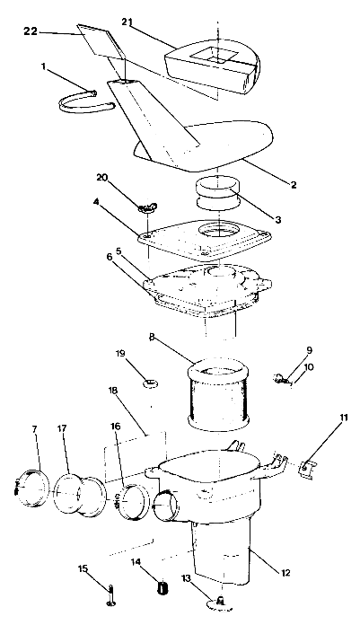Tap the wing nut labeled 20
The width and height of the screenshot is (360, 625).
[144, 208]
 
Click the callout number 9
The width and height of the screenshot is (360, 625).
[308, 350]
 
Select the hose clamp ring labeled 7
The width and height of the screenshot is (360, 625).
[34, 487]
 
